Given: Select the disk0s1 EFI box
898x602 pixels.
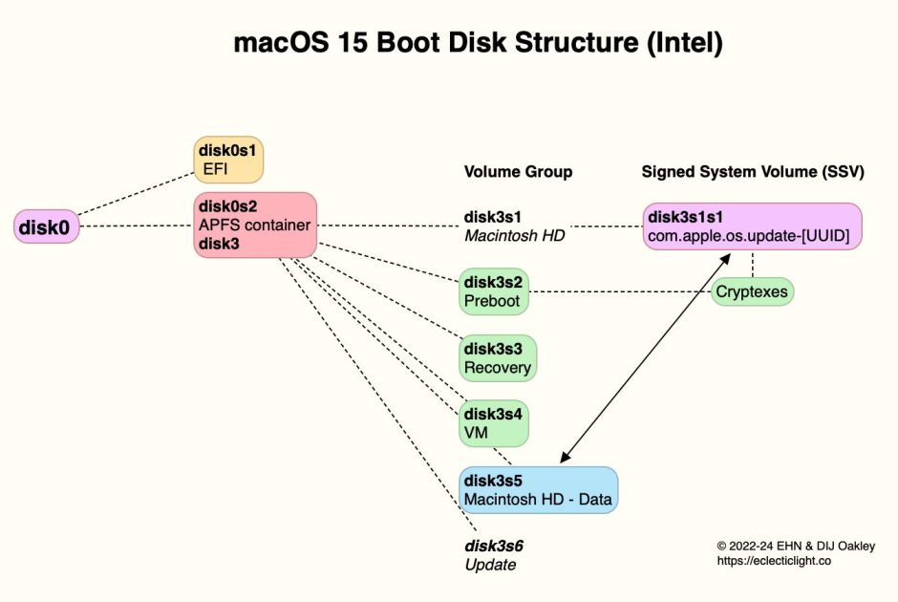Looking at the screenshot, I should (227, 160).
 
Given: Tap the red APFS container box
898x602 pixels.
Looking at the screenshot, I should (255, 226).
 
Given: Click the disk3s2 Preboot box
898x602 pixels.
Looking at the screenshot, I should (494, 291).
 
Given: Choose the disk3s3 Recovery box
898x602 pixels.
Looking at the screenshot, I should (497, 358).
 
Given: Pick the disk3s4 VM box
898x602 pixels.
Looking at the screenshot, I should (494, 423).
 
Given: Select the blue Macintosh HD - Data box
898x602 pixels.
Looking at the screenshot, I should (538, 490).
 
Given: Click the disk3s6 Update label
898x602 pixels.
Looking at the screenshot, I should (493, 555).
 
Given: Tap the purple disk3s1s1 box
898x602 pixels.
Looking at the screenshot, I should (752, 226).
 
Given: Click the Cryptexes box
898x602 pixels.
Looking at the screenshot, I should (753, 290).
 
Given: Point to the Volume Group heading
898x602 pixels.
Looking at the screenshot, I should (518, 172).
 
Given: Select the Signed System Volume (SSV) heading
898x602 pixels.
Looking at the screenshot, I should (753, 172).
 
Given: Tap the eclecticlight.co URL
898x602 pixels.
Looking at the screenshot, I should (774, 562).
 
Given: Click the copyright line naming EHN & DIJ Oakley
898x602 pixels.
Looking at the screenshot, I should (795, 546).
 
